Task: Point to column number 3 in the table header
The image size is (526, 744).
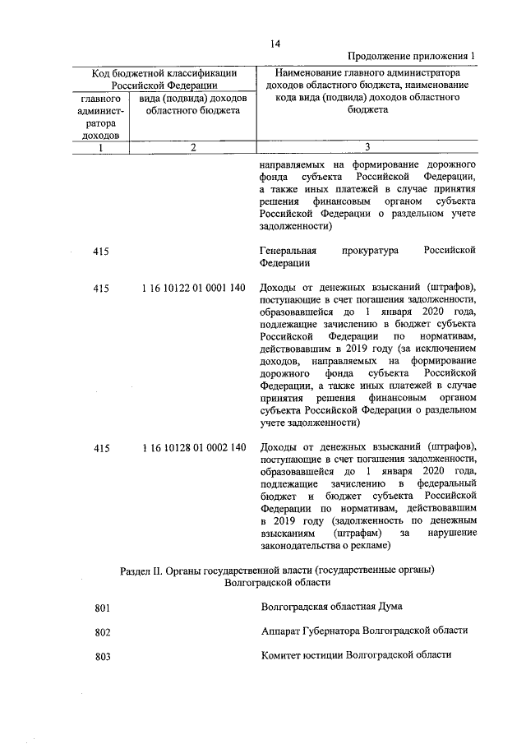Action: [367, 147]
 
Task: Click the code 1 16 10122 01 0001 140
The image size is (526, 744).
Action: [194, 288]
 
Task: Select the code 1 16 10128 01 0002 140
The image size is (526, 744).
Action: [194, 448]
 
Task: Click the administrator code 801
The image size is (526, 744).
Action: [102, 608]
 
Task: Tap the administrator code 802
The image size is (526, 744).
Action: [102, 632]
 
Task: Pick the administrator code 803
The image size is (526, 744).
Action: [102, 657]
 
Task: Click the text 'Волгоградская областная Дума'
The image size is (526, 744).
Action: [331, 607]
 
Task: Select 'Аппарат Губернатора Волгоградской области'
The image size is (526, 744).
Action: [364, 631]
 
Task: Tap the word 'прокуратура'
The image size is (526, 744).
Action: [369, 250]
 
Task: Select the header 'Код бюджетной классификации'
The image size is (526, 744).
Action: [164, 73]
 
